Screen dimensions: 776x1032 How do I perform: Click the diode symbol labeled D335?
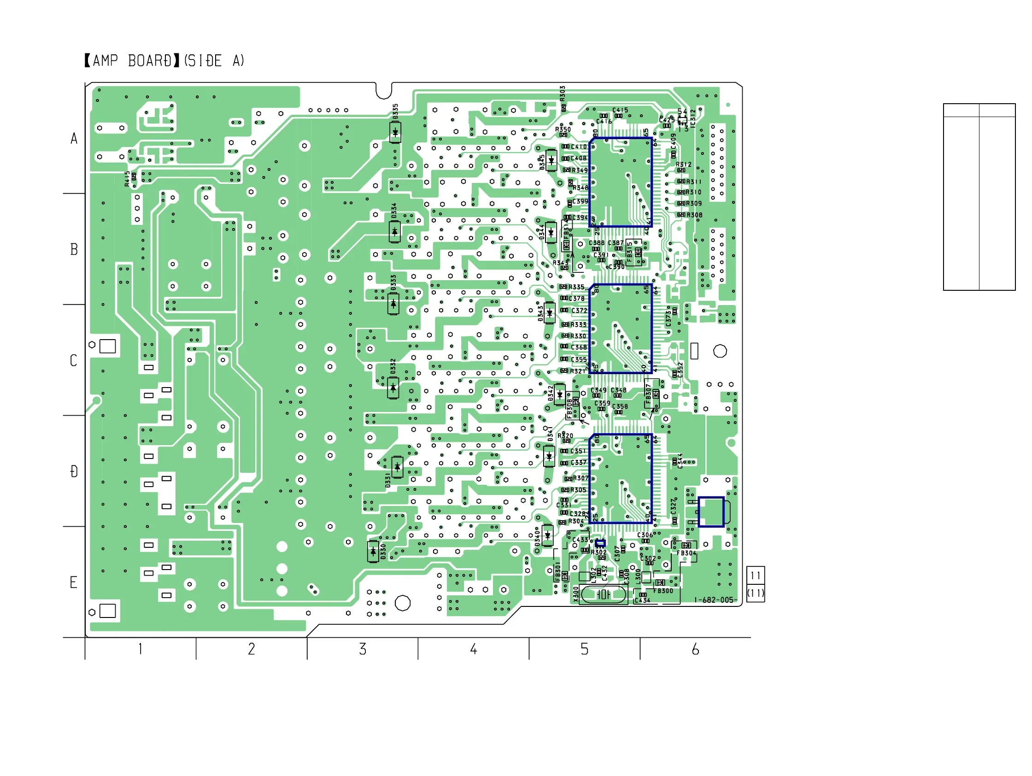(x=395, y=133)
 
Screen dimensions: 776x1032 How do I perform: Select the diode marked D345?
(x=551, y=160)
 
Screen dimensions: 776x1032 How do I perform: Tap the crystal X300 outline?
(x=602, y=594)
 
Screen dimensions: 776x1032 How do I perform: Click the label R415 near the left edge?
(x=127, y=179)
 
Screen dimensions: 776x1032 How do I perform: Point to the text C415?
(x=620, y=110)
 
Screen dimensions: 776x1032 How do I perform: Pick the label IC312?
(x=693, y=118)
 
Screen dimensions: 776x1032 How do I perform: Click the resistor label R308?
(x=694, y=215)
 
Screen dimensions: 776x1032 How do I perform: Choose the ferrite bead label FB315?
(x=629, y=251)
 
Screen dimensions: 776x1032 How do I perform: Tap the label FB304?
(x=686, y=553)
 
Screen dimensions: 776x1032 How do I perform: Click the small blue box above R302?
(x=600, y=543)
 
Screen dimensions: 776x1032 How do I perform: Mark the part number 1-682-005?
(x=714, y=600)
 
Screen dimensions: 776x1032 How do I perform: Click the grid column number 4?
(x=474, y=649)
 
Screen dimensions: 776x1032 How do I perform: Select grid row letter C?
(x=73, y=360)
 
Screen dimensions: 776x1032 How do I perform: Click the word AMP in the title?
(x=106, y=61)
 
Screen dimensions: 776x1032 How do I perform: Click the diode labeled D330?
(x=373, y=552)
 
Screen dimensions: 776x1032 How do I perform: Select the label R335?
(x=576, y=287)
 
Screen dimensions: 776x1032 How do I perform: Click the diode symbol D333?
(x=393, y=304)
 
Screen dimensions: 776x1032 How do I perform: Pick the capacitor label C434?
(x=642, y=600)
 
